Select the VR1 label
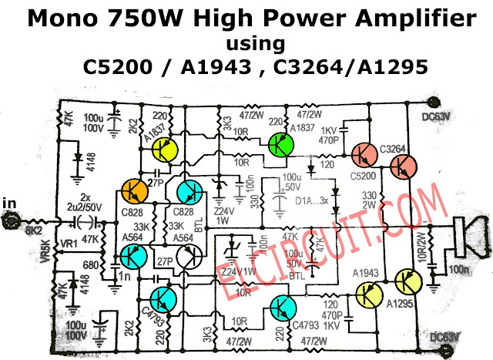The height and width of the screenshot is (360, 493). tap(69, 244)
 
